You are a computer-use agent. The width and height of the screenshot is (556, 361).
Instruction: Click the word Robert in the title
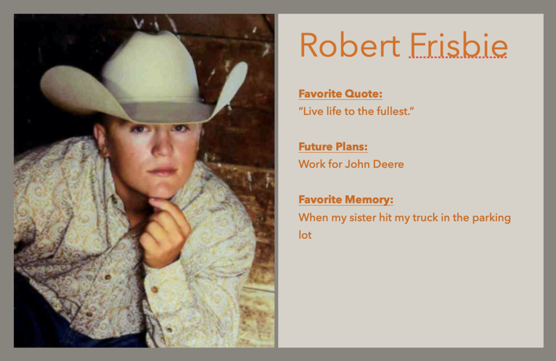pos(350,45)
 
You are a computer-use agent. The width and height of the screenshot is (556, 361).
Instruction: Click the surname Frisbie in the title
pos(458,45)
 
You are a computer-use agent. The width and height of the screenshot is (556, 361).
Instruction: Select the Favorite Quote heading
pos(340,94)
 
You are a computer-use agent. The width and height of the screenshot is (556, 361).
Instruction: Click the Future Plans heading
pos(333,146)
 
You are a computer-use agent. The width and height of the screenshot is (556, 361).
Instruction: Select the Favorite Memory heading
pos(346,199)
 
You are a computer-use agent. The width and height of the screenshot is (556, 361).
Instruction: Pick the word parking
pos(491,218)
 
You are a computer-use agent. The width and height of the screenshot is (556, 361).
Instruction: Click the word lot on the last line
pos(305,235)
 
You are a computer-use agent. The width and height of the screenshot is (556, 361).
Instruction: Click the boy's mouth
pos(163,170)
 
